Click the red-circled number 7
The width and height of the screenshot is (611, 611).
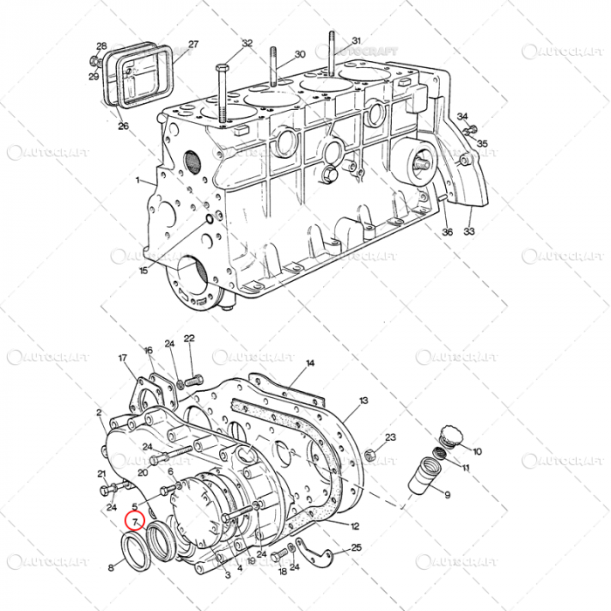pyautogui.click(x=134, y=521)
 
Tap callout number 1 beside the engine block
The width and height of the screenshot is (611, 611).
pyautogui.click(x=137, y=181)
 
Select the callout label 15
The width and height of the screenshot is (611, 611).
pyautogui.click(x=144, y=271)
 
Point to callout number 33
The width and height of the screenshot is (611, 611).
pyautogui.click(x=470, y=232)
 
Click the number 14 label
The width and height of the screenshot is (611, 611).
pyautogui.click(x=310, y=362)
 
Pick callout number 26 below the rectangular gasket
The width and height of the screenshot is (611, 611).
pyautogui.click(x=123, y=127)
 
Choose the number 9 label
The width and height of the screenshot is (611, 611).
pyautogui.click(x=447, y=496)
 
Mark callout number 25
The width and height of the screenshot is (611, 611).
pyautogui.click(x=356, y=547)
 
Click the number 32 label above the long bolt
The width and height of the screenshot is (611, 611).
pyautogui.click(x=247, y=43)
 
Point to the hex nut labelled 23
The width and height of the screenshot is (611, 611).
pyautogui.click(x=368, y=455)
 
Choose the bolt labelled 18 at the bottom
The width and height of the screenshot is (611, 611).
pyautogui.click(x=278, y=555)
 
